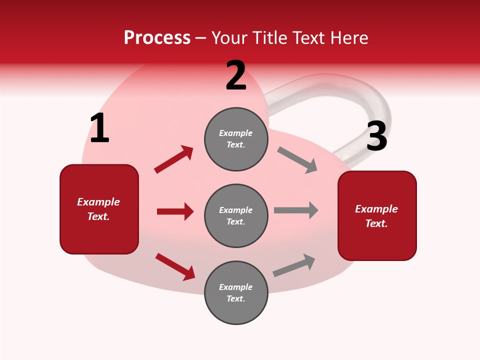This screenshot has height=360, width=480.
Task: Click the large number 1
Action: [99, 128]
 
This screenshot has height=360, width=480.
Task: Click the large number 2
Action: [236, 76]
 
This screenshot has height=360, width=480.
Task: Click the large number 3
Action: [376, 136]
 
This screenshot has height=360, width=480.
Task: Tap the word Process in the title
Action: [157, 37]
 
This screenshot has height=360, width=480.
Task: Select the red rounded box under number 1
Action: [99, 209]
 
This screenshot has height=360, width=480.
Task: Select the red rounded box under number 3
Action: [377, 216]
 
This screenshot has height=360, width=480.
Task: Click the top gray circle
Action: [236, 139]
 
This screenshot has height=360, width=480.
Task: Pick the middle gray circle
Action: [236, 215]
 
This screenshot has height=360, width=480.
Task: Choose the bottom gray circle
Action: [236, 292]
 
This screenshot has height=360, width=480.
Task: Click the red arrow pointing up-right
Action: [174, 159]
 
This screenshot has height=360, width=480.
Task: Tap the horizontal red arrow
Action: [175, 211]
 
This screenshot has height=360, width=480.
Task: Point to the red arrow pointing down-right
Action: [175, 266]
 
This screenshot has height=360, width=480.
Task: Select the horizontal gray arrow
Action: [296, 210]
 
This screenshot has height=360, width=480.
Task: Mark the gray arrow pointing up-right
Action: [294, 265]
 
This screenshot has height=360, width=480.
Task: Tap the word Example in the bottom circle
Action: [236, 287]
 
